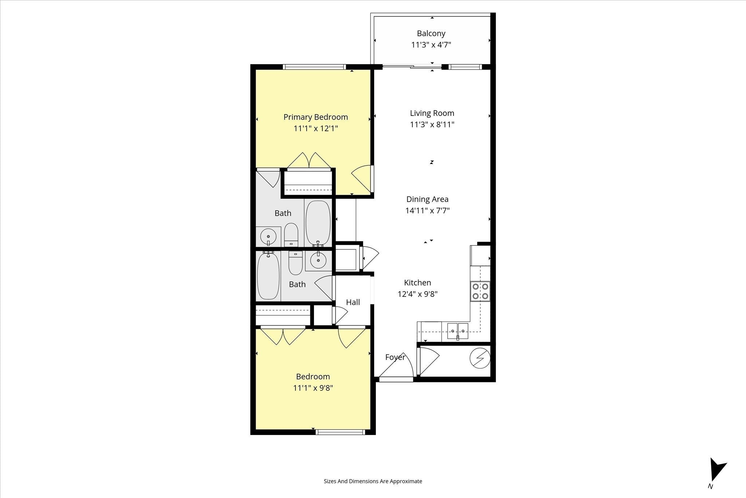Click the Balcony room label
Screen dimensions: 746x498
click(x=431, y=34)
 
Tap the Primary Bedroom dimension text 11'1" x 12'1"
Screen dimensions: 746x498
click(x=316, y=129)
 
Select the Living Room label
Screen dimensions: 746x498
click(x=432, y=113)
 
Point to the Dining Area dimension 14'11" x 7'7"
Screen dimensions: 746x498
click(x=427, y=211)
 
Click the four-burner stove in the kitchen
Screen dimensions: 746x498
click(x=480, y=291)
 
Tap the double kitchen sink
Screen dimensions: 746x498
click(x=458, y=331)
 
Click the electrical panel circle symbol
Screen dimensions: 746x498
click(x=480, y=359)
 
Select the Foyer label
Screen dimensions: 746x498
click(x=395, y=357)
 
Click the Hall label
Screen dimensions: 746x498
click(x=353, y=302)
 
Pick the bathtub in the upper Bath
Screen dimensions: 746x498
click(x=318, y=223)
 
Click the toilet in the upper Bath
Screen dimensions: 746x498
click(x=291, y=235)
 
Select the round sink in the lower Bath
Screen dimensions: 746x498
click(x=318, y=260)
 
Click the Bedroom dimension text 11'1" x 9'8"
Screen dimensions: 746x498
click(x=313, y=388)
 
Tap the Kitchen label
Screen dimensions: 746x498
click(x=417, y=283)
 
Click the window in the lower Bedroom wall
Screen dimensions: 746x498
click(x=340, y=432)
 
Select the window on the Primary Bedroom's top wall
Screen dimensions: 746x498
click(x=314, y=67)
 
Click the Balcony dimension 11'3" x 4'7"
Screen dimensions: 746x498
click(x=431, y=45)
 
